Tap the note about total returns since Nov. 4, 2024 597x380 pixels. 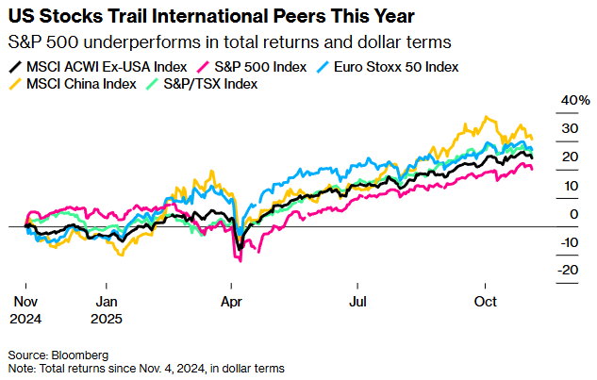click(146, 368)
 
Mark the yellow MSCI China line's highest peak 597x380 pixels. click(487, 117)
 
